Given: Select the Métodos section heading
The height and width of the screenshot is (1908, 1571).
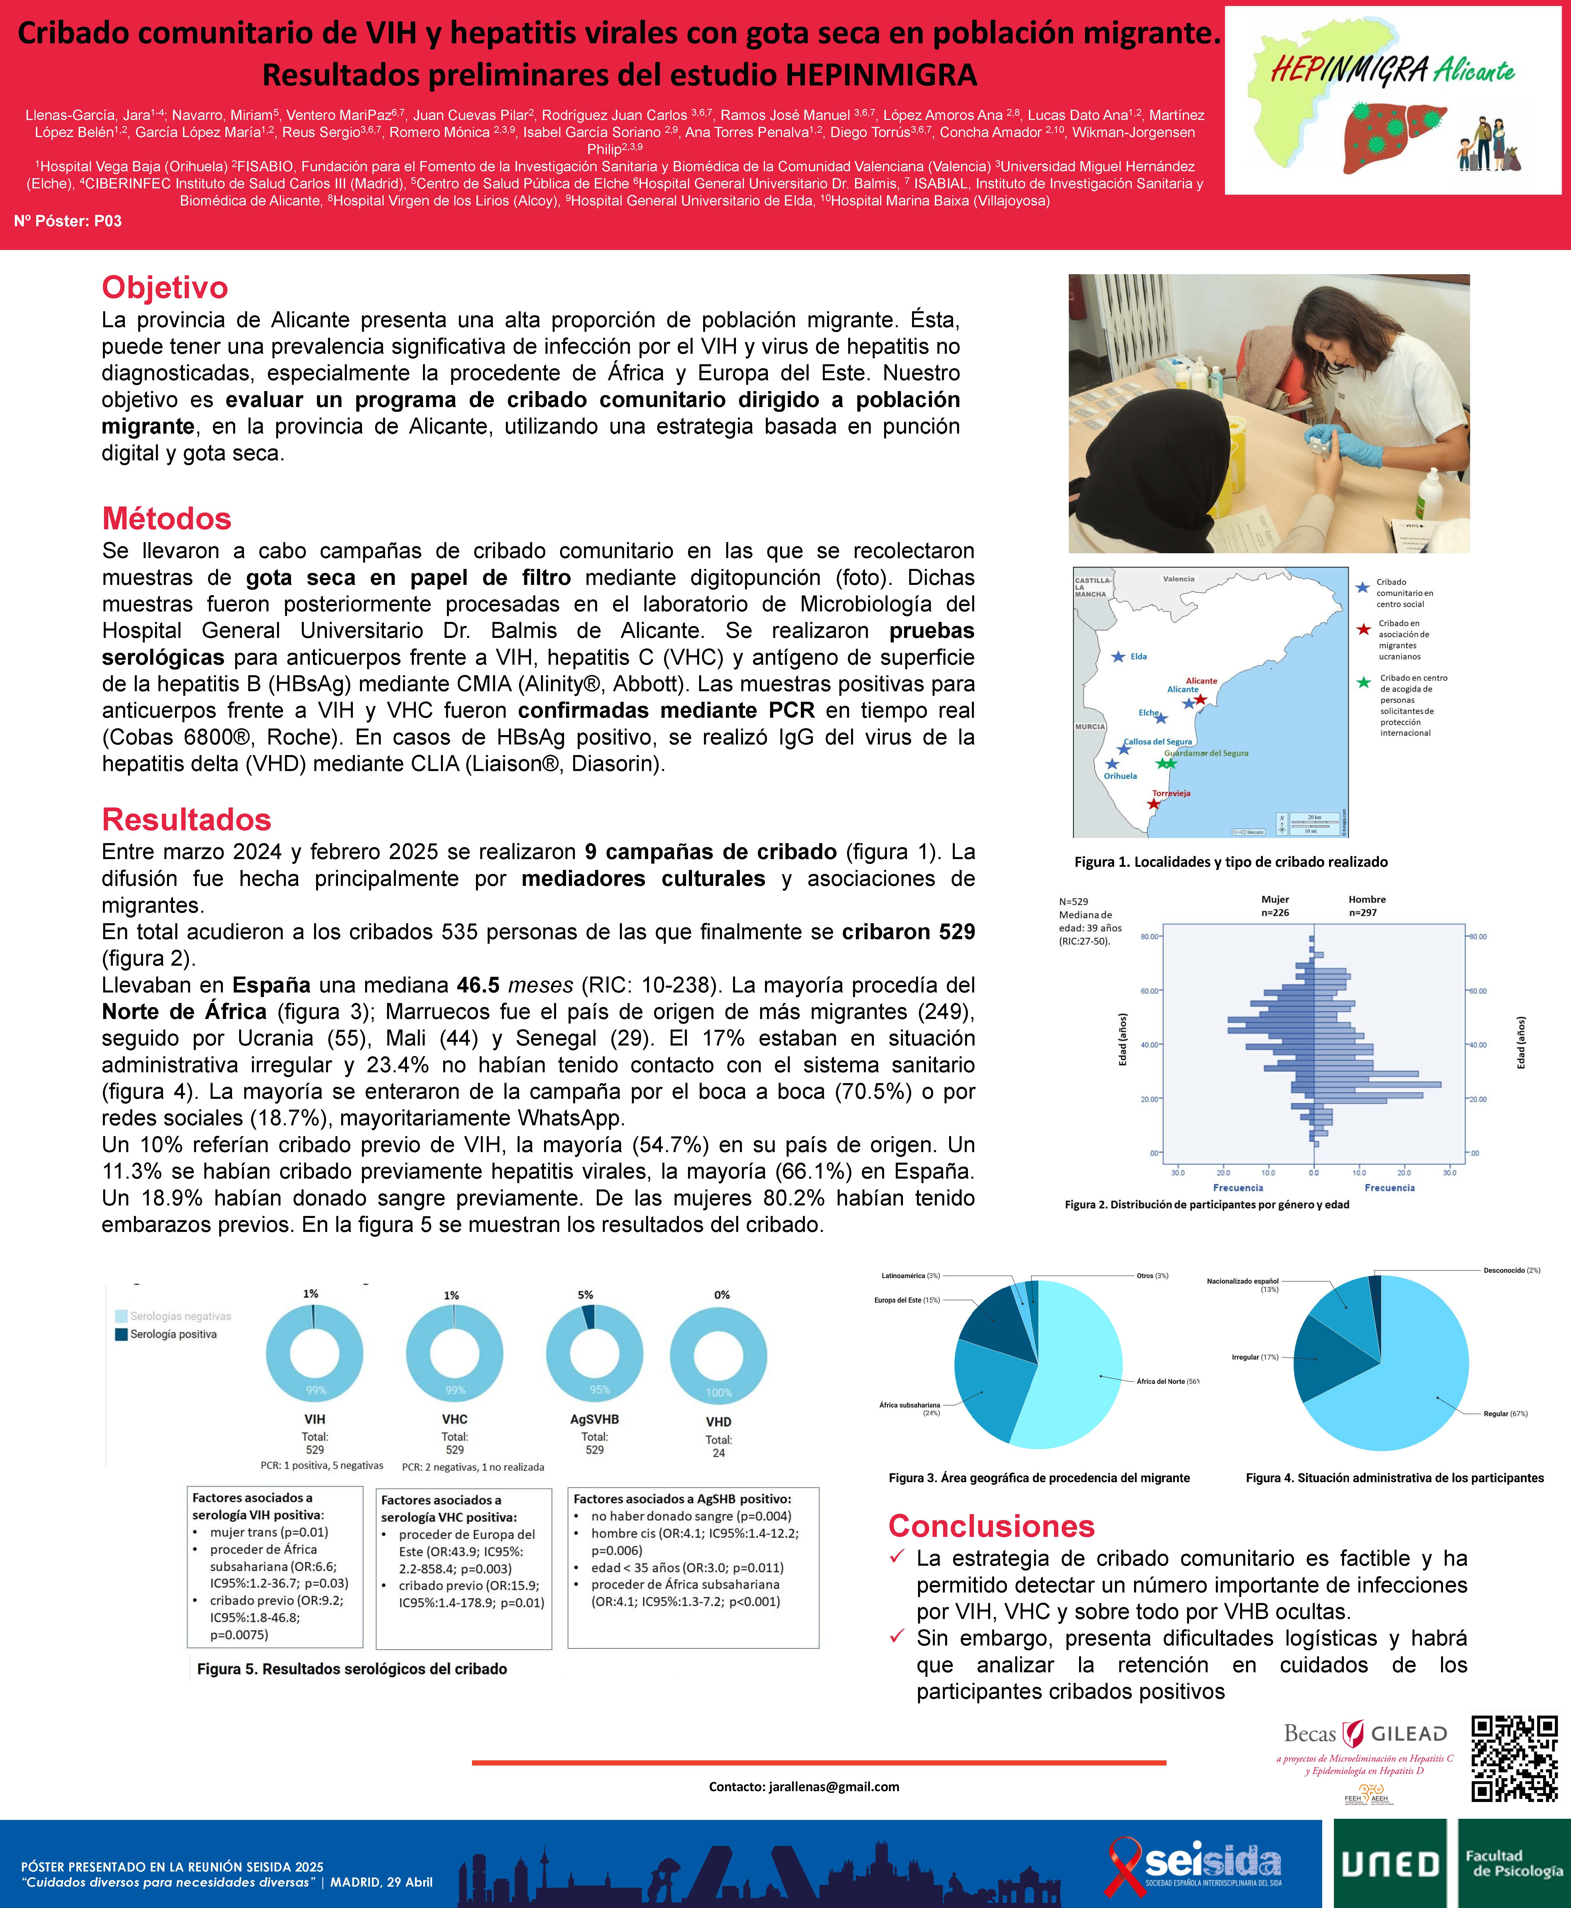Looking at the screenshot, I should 166,519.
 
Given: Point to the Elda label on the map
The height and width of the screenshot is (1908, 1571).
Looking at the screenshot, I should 1138,656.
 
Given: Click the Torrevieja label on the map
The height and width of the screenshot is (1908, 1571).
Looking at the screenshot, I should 1171,793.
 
